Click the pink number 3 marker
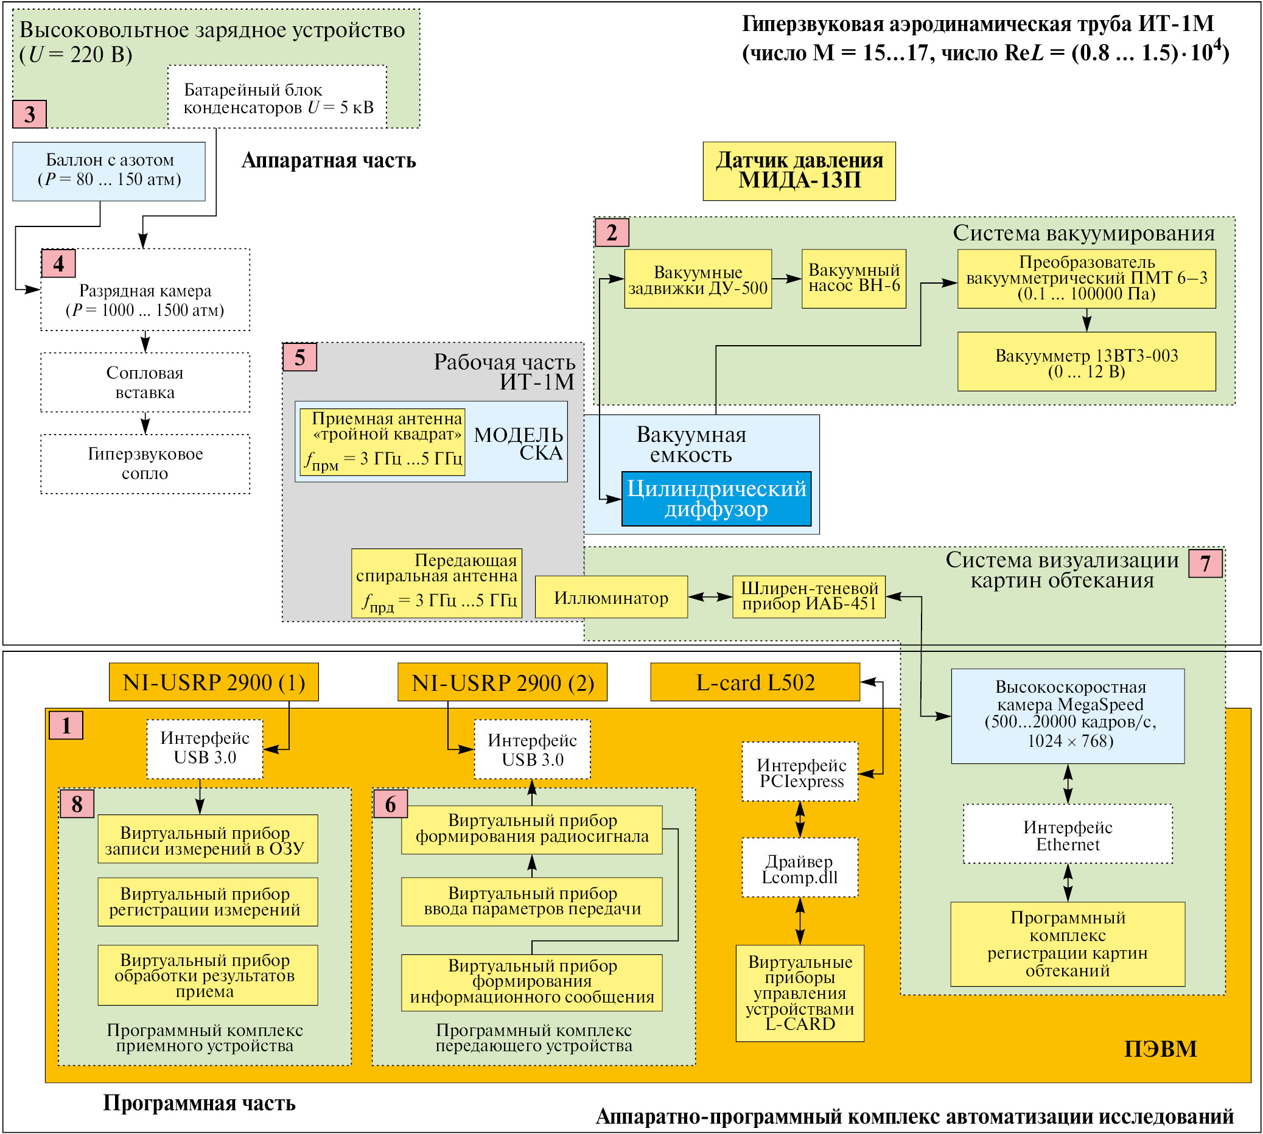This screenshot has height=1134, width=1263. point(29,114)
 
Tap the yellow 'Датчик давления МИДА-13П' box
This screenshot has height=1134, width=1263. point(799,170)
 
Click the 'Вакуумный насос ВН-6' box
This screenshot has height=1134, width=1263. point(853,279)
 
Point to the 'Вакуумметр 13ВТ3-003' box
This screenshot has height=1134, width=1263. point(1086,362)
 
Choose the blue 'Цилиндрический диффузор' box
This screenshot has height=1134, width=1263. point(716,499)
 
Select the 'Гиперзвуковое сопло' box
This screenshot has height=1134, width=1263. point(145,464)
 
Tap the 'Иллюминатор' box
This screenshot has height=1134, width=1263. point(611,598)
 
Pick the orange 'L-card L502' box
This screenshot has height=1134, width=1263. point(755,682)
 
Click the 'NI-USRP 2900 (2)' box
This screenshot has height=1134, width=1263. point(502,682)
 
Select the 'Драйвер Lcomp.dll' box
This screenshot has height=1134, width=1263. point(799,867)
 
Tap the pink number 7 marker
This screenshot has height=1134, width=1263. point(1205,564)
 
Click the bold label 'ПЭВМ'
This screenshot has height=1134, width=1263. point(1160,1049)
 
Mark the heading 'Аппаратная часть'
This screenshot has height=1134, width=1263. point(328,161)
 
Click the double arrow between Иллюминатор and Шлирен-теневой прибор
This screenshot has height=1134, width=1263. point(710,598)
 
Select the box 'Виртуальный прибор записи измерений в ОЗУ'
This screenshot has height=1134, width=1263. point(208,839)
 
